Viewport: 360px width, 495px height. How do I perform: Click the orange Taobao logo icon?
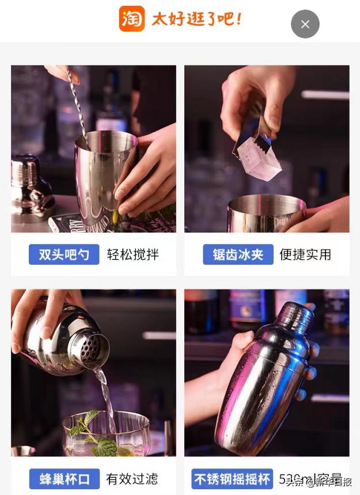coord(131,18)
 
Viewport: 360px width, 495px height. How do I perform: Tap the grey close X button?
coord(305,24)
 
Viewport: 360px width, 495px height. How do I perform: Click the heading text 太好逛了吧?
coord(196,19)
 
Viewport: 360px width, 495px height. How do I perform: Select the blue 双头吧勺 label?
coord(64,254)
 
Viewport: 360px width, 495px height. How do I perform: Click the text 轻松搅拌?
coord(132,254)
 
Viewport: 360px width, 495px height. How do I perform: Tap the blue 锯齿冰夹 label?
coord(238,254)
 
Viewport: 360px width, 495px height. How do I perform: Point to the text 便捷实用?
coord(305,254)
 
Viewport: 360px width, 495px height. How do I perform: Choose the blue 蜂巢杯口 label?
coord(65,478)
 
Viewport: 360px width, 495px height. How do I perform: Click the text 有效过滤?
coord(132,478)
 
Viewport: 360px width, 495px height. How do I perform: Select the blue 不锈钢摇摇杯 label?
coord(232,478)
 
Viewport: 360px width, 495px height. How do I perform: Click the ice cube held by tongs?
coord(259,157)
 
